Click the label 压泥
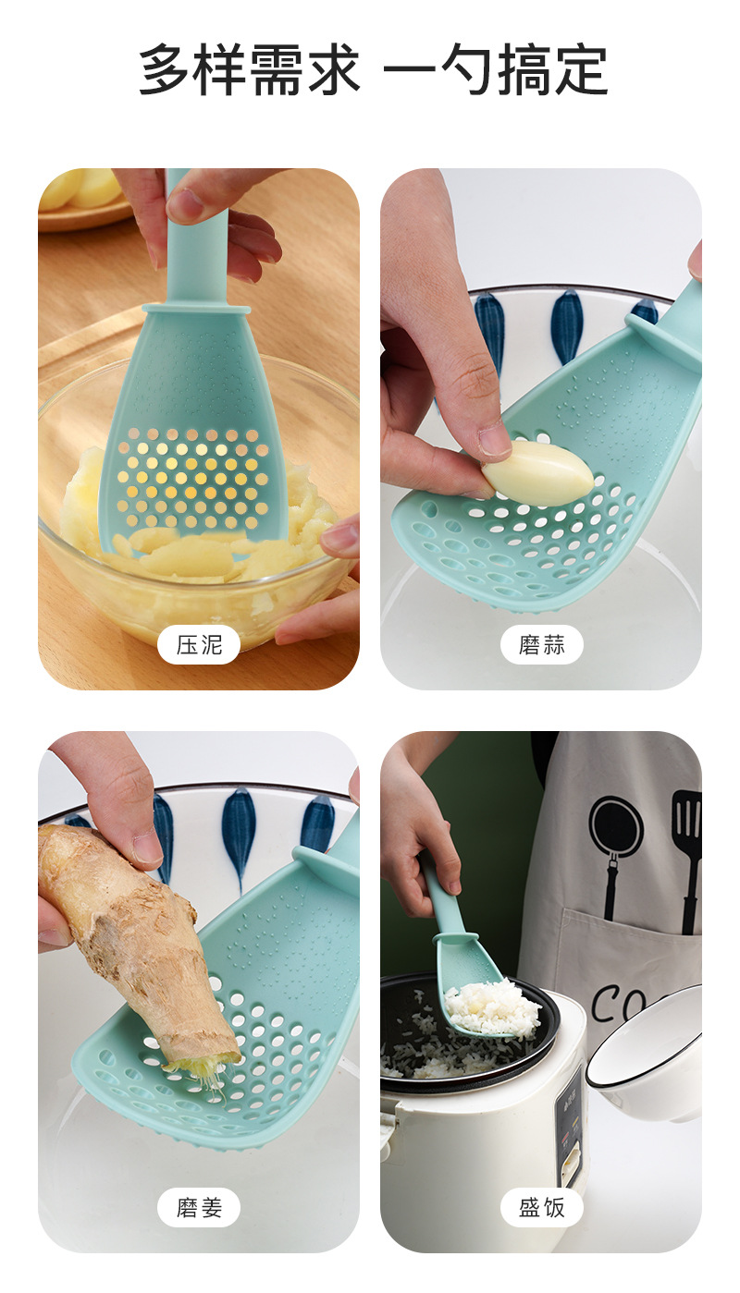(199, 644)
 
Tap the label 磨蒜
(541, 644)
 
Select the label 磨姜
(199, 1207)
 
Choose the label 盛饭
(541, 1207)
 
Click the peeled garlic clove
(539, 472)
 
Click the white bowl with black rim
(647, 1054)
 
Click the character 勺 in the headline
(441, 70)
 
